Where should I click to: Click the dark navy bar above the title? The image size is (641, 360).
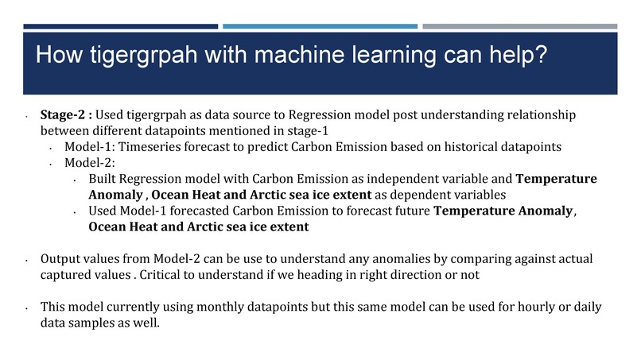120,26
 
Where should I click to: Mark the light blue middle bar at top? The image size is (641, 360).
319,26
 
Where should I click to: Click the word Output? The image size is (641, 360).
60,260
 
